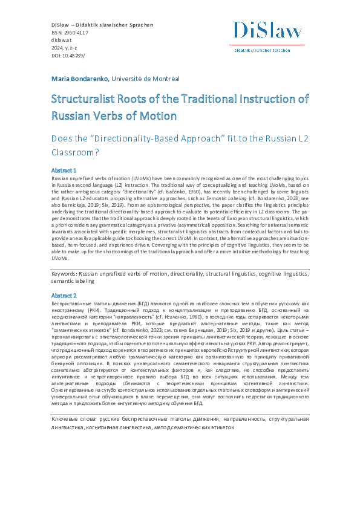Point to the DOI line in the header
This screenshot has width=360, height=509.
66,55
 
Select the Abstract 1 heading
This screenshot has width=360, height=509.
64,172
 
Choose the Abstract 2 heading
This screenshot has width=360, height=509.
64,294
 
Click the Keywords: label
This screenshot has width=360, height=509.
69,273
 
